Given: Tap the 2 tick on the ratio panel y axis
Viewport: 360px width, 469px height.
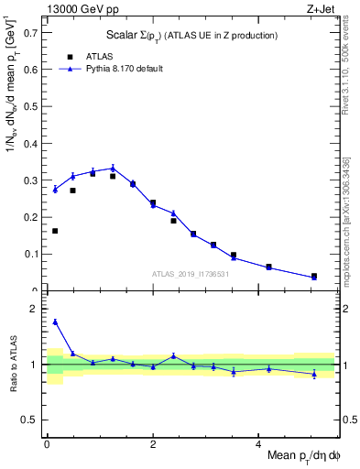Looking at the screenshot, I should click(x=38, y=309).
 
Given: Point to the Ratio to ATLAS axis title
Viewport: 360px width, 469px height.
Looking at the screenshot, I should click(x=12, y=364).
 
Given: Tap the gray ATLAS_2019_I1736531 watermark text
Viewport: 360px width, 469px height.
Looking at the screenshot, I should click(x=190, y=274).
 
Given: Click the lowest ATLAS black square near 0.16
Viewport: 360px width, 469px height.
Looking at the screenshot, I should click(x=55, y=231).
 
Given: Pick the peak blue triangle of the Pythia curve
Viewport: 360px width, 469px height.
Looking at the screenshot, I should click(x=113, y=168).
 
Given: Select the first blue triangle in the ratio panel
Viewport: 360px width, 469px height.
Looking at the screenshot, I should click(x=55, y=322).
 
